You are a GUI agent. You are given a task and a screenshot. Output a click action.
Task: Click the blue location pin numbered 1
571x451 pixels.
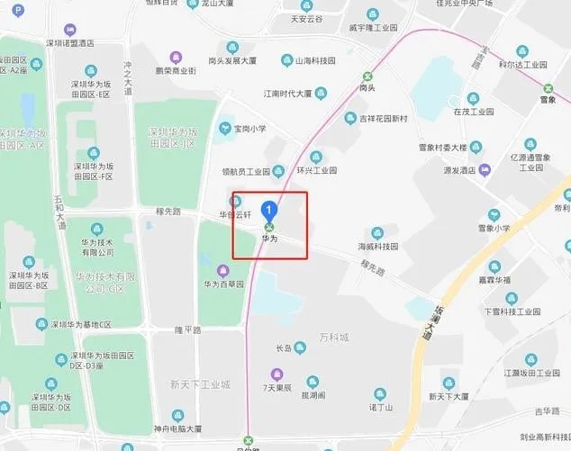point(268,210)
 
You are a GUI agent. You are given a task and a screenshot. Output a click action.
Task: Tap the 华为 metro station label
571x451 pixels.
point(268,239)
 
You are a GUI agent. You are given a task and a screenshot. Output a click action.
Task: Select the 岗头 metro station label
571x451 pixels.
point(367,88)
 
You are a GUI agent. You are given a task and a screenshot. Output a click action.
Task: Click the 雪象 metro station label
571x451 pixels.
point(548,88)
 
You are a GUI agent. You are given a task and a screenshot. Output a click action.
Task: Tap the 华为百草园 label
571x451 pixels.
point(222,284)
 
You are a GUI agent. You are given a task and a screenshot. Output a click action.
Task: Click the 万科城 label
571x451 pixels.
point(333,337)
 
